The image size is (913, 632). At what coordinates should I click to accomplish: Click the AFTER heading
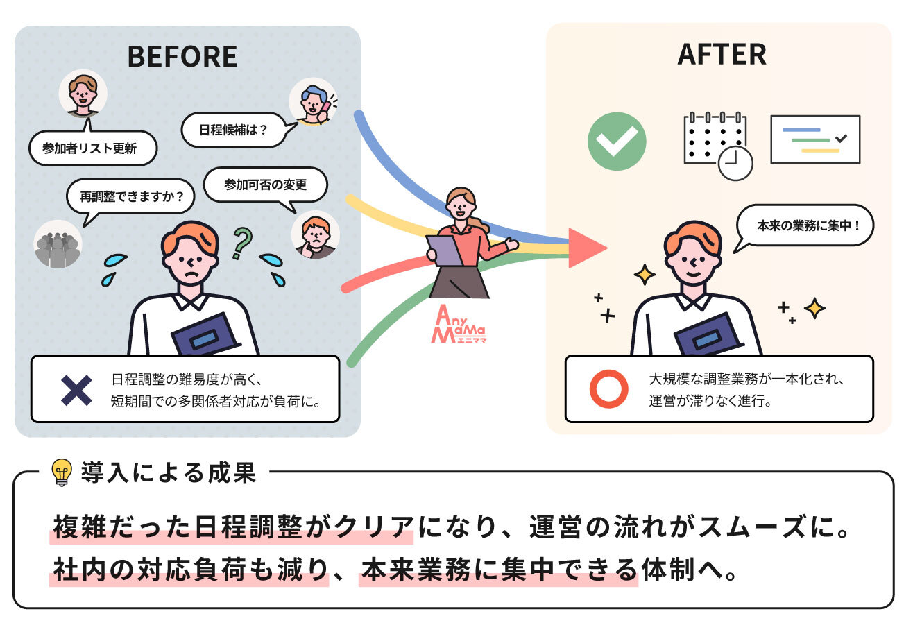722,55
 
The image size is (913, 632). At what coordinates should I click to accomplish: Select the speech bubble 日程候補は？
233,129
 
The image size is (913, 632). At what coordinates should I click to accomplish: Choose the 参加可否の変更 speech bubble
265,185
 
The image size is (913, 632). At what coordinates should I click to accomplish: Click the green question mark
241,243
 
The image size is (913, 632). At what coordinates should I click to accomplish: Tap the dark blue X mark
76,390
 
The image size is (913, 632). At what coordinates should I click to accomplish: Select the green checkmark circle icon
617,141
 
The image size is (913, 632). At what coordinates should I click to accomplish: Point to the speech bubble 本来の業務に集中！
803,226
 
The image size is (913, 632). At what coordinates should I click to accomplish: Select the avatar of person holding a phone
313,101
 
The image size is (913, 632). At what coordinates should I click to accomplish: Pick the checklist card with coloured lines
814,139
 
